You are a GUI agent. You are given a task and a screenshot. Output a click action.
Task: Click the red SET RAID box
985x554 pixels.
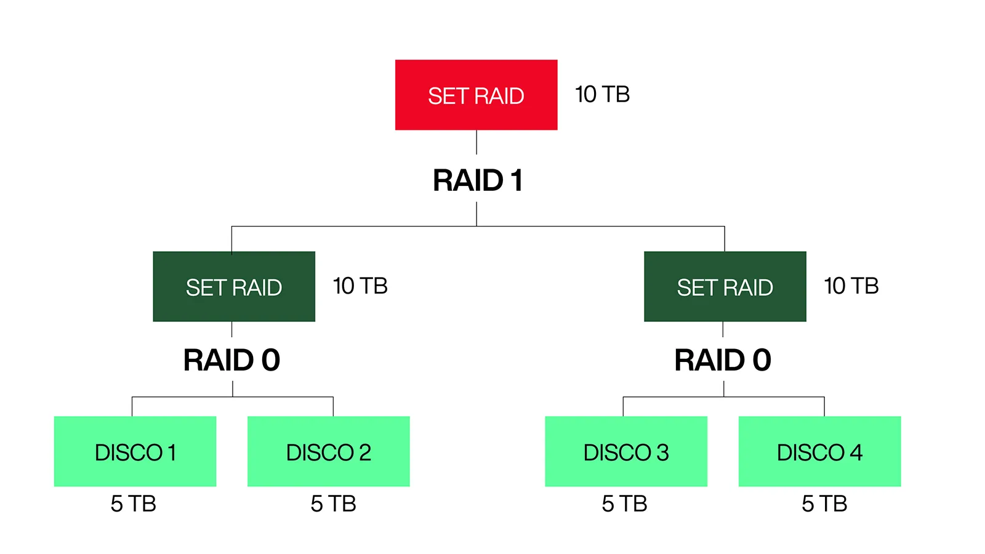coord(476,95)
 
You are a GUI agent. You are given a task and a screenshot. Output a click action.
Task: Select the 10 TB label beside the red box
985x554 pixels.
coord(601,95)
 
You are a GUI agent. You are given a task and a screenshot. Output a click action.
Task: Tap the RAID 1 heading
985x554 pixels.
coord(478,180)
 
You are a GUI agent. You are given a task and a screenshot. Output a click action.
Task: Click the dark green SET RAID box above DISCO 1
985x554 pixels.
coord(234,287)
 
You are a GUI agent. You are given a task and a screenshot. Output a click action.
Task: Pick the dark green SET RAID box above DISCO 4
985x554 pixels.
coord(725,287)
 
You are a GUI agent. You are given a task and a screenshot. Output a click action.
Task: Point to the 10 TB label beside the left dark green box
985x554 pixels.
coord(360,286)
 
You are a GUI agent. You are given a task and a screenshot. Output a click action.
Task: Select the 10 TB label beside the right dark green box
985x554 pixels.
coord(851,286)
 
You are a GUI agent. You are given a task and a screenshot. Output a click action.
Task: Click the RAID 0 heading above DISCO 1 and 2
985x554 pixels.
coord(231,360)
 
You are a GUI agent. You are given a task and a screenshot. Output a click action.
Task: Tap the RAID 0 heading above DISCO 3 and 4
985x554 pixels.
coord(722,360)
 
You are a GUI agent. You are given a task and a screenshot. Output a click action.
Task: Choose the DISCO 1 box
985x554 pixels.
coord(135,452)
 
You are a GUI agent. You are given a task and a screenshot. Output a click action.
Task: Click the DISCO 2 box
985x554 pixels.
coord(328,452)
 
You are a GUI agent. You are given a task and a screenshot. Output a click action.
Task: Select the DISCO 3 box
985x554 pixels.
coord(625,452)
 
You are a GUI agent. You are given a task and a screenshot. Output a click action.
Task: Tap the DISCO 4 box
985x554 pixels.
coord(819,452)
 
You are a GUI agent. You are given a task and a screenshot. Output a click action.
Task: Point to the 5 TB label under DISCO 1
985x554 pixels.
coord(133,504)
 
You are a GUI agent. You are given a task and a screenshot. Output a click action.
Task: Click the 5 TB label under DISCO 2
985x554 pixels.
coord(333,504)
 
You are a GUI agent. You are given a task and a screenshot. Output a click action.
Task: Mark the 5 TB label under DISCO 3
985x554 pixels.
coord(624,504)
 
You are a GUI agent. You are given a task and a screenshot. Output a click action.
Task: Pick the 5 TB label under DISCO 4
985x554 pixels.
coord(824,504)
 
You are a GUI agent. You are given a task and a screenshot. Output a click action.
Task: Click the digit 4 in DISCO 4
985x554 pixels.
coord(856,452)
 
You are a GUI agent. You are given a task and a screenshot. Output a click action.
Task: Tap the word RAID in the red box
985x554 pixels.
coord(499,96)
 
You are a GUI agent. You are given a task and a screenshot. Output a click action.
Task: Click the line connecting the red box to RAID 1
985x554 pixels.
coord(476,142)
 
